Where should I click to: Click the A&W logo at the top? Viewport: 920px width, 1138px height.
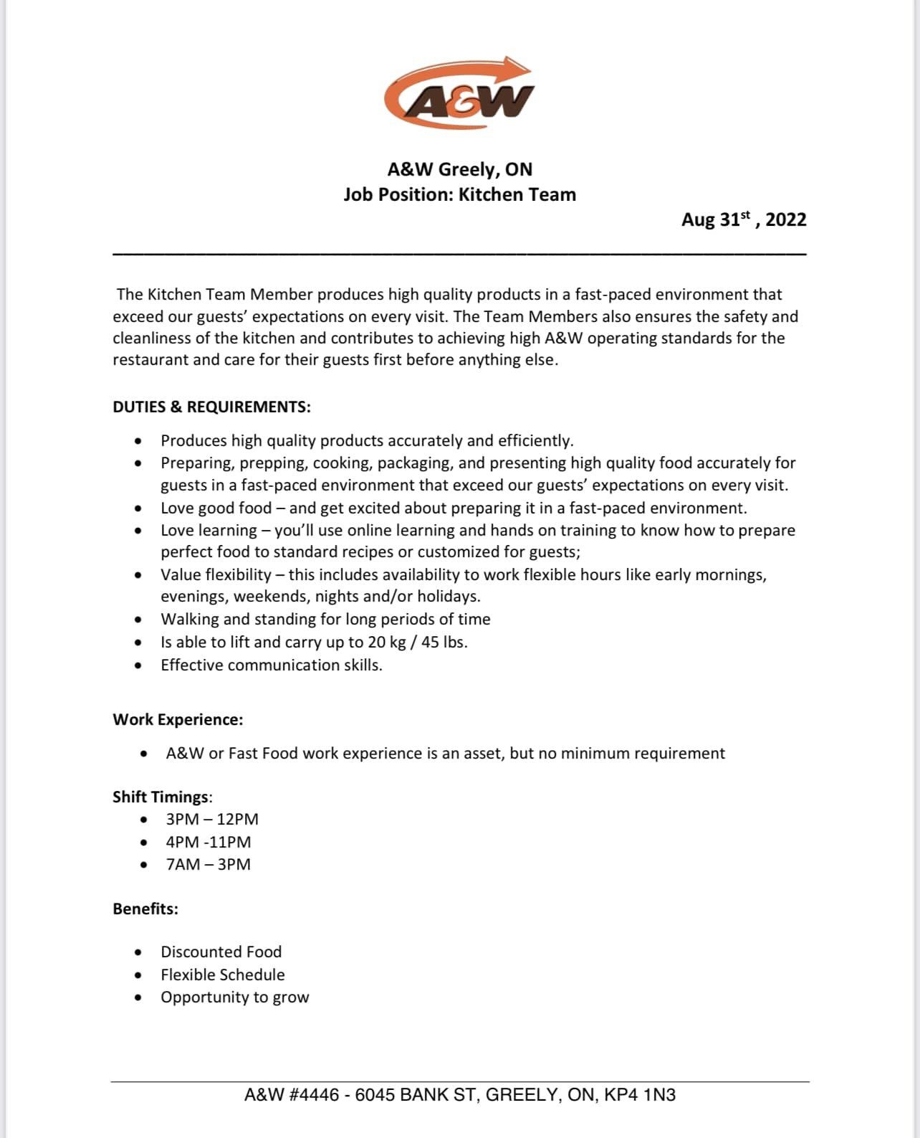point(459,94)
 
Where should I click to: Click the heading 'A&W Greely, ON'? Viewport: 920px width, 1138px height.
point(459,169)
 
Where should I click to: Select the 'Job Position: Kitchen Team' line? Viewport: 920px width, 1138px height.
point(459,194)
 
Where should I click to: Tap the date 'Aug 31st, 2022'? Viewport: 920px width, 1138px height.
point(743,219)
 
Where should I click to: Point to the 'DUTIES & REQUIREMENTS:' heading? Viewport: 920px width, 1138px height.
point(211,407)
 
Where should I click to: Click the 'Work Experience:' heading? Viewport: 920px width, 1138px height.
point(178,719)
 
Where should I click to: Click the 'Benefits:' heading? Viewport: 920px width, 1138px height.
point(145,909)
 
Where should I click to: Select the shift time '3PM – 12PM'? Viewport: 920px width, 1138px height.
point(212,819)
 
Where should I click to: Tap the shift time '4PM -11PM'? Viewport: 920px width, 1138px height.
point(209,842)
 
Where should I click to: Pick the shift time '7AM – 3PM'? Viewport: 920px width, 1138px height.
point(209,864)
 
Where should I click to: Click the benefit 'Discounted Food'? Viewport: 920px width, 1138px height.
point(221,952)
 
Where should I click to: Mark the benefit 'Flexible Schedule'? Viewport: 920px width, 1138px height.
point(222,975)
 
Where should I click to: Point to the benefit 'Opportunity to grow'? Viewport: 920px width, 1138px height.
point(234,997)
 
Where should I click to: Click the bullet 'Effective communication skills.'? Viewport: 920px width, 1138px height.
point(271,665)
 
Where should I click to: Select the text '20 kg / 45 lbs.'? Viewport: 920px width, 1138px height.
point(417,642)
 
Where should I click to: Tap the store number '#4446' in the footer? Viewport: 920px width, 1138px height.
point(314,1095)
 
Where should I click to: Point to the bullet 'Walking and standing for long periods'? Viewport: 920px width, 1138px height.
point(325,619)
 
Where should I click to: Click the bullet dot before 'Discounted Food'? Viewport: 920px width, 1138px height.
point(138,952)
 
